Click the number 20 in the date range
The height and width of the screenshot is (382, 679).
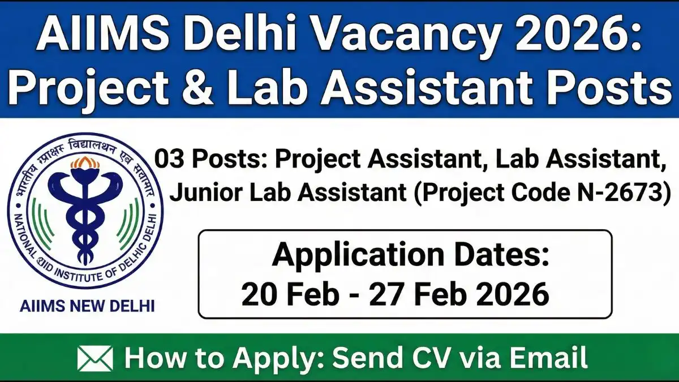(x=258, y=295)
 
